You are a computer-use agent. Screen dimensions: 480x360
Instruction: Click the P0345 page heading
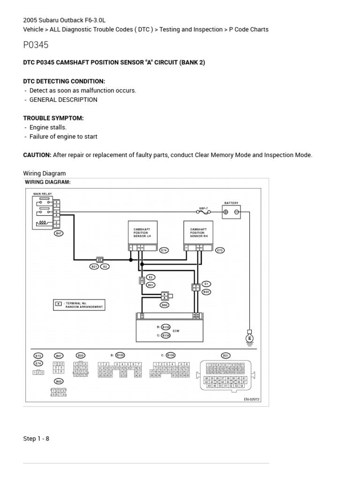pyautogui.click(x=36, y=45)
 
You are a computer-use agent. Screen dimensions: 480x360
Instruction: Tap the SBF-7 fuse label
pyautogui.click(x=203, y=207)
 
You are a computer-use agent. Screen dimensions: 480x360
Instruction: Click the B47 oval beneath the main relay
pyautogui.click(x=59, y=233)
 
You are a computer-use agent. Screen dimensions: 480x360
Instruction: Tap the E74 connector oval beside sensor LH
pyautogui.click(x=164, y=251)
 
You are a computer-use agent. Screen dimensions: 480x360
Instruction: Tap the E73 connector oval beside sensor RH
pyautogui.click(x=220, y=251)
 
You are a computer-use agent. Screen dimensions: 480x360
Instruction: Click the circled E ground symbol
pyautogui.click(x=249, y=338)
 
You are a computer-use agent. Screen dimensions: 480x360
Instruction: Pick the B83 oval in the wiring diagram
pyautogui.click(x=164, y=305)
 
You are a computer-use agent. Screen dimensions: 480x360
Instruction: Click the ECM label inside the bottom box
pyautogui.click(x=176, y=331)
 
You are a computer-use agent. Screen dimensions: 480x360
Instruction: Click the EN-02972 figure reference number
pyautogui.click(x=251, y=399)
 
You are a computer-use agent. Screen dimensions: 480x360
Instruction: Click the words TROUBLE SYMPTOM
pyautogui.click(x=53, y=118)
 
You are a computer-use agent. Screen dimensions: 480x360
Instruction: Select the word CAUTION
pyautogui.click(x=37, y=155)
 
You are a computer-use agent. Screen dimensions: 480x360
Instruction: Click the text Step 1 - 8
pyautogui.click(x=36, y=439)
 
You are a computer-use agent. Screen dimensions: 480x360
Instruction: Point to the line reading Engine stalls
pyautogui.click(x=48, y=127)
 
